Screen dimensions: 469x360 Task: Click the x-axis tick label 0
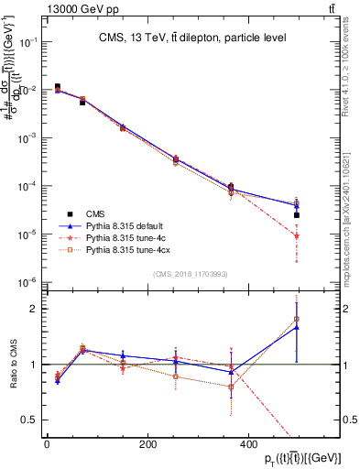coord(47,443)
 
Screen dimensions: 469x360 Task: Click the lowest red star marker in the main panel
coord(297,236)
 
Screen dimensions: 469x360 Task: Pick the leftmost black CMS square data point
coord(58,87)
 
